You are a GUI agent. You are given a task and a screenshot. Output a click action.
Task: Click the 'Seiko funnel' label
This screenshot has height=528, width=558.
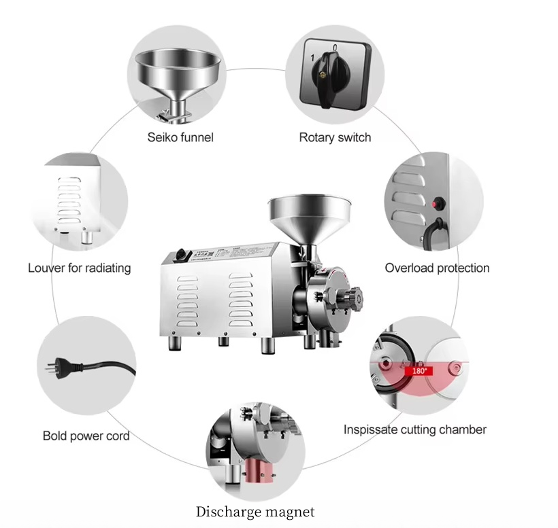tap(180, 137)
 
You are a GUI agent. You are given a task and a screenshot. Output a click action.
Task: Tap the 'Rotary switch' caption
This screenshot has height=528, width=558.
tap(335, 137)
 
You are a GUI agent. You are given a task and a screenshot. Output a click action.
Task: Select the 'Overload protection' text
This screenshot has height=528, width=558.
tap(437, 268)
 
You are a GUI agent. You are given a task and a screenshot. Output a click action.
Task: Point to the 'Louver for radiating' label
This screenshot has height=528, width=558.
tap(79, 268)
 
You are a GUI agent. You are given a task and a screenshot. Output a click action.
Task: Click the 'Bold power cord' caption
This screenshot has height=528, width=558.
tap(86, 436)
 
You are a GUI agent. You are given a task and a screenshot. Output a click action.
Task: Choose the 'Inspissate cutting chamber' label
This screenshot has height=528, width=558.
tap(414, 429)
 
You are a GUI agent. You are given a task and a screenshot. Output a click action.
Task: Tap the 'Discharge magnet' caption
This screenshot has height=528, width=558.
tap(255, 512)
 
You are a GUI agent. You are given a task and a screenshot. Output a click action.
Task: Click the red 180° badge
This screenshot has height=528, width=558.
tap(419, 371)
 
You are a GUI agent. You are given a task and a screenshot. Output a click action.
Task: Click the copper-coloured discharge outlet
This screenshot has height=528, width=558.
tap(256, 470)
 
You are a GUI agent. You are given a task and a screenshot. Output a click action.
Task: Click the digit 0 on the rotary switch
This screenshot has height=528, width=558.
tap(335, 47)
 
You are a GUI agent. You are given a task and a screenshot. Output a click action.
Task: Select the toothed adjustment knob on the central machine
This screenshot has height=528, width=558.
tap(353, 296)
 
